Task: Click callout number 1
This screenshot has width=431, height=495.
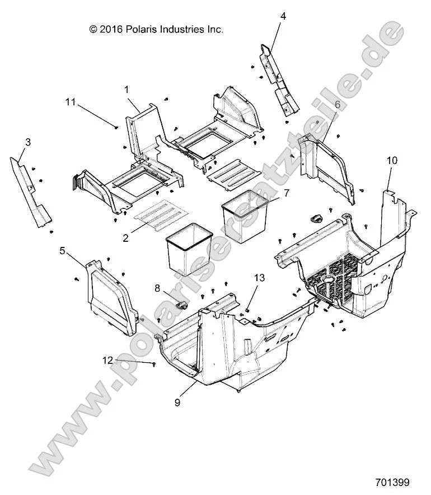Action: pos(127,89)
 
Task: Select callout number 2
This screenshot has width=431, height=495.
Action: pos(125,237)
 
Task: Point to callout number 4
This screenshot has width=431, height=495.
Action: pos(283,16)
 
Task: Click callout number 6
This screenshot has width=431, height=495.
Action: pos(337,104)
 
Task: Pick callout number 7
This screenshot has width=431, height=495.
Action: pos(286,193)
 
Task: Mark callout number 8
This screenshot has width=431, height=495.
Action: pos(157,288)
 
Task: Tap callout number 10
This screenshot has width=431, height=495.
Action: pos(392,160)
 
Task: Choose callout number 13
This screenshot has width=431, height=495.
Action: pos(259,278)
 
